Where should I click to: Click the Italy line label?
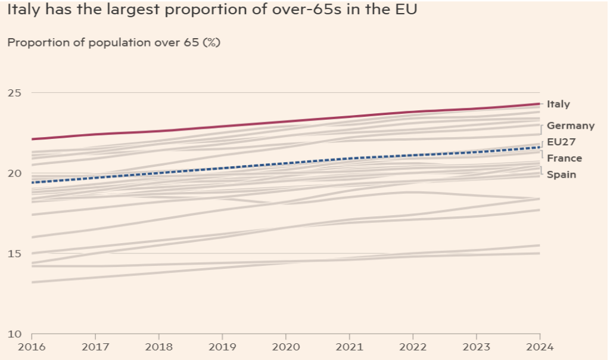click(558, 104)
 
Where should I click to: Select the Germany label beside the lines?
click(570, 126)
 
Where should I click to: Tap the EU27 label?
click(561, 142)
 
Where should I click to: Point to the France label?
click(564, 158)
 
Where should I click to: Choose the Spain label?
click(561, 175)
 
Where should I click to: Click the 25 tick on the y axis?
click(14, 93)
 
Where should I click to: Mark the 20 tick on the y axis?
click(14, 173)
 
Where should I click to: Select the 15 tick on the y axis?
click(14, 254)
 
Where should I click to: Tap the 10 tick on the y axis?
click(14, 334)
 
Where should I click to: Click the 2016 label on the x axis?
click(32, 346)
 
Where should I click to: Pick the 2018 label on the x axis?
click(158, 346)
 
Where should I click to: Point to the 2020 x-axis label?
click(286, 346)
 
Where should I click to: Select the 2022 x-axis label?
click(413, 346)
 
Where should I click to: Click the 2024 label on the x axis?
click(540, 346)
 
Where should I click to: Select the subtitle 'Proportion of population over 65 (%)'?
click(114, 43)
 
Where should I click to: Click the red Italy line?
click(286, 122)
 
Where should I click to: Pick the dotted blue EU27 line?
click(286, 163)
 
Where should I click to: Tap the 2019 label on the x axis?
click(222, 346)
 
